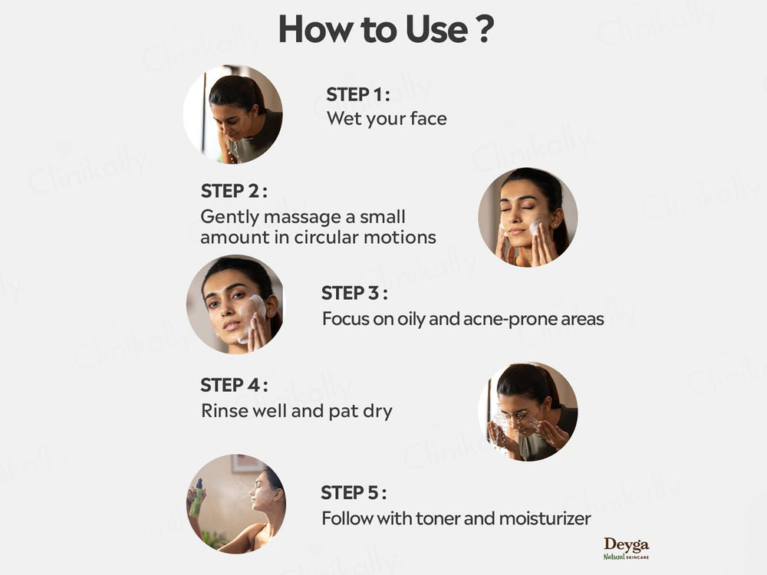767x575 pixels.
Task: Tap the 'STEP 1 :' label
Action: pos(358,95)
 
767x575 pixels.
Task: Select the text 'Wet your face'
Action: pos(387,119)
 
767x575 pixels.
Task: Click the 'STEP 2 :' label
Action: pos(234,192)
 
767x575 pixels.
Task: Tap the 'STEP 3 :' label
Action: pos(354,294)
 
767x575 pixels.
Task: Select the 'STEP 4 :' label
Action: pos(234,386)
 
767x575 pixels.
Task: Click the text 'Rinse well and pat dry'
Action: pos(296,411)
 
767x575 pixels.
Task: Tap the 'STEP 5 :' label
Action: pos(354,493)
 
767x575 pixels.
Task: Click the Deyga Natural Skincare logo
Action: pos(626,547)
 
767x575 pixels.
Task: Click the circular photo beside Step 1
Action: pos(232,114)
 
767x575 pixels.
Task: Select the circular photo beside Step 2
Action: pos(528,217)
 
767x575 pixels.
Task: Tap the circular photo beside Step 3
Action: pos(235,304)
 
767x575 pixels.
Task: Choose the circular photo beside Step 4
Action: pos(528,412)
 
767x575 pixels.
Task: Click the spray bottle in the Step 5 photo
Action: pos(196,498)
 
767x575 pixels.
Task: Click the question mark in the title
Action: pos(483,29)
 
